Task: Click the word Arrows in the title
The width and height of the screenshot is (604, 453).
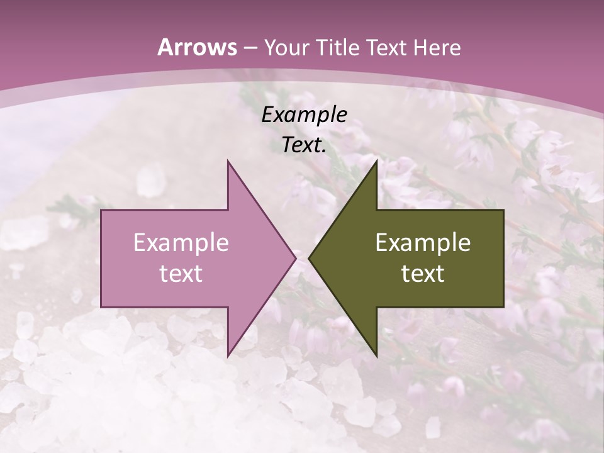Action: (x=197, y=47)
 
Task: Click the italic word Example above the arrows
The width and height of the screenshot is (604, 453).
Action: (x=304, y=115)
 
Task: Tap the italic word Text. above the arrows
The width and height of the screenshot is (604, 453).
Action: (x=304, y=145)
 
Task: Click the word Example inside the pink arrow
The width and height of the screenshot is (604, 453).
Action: (x=181, y=243)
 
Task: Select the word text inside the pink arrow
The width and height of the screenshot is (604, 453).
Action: (x=181, y=274)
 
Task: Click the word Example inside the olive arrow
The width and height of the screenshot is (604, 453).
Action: (x=423, y=243)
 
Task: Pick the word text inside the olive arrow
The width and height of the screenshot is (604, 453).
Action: (x=423, y=274)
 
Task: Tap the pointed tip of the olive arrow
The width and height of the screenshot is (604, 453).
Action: (x=309, y=258)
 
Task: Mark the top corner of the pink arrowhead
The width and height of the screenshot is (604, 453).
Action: (x=228, y=160)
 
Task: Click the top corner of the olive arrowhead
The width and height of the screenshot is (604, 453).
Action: (x=377, y=160)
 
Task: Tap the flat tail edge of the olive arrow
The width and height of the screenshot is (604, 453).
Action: (x=503, y=258)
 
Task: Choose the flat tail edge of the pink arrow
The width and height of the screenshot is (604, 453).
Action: (x=101, y=258)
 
